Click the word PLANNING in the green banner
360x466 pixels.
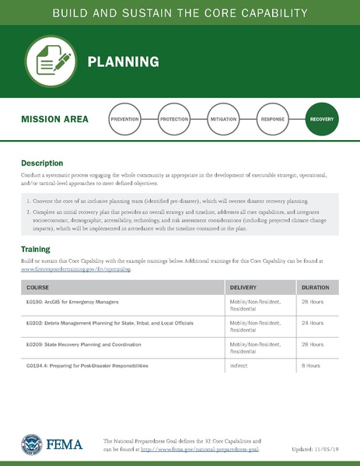(123, 61)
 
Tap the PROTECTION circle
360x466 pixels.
(173, 120)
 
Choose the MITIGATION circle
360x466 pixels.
(223, 120)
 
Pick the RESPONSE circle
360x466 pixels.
(272, 120)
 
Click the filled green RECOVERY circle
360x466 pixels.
(322, 120)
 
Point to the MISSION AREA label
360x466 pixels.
(54, 120)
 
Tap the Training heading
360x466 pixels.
(35, 249)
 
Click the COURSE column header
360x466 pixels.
(37, 287)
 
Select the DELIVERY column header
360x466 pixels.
(243, 287)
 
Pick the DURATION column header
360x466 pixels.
(315, 287)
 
